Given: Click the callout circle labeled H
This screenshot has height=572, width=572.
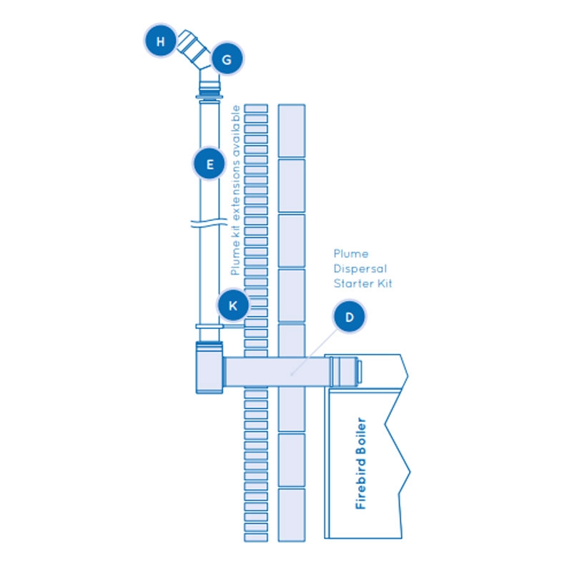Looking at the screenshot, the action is tap(160, 41).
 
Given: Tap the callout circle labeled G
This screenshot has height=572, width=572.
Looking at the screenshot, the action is tap(227, 59).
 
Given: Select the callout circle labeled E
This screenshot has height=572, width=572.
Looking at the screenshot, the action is tap(209, 164).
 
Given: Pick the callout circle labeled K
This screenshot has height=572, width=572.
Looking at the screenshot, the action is tap(233, 305).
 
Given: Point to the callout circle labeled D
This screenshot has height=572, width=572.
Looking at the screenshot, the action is tap(350, 317).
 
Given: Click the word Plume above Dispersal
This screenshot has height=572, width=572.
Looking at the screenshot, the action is tap(351, 254).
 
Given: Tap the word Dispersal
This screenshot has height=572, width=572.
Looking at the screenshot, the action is tap(360, 269).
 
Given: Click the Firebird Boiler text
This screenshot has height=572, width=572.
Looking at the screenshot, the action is tap(360, 463).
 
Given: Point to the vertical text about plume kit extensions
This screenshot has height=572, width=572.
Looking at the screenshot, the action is tap(236, 190).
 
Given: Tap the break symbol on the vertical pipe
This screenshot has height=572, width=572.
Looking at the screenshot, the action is tap(209, 222).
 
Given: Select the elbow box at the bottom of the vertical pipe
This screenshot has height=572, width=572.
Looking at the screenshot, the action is tap(209, 368).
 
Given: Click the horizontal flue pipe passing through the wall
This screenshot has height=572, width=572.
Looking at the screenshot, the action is tap(278, 372).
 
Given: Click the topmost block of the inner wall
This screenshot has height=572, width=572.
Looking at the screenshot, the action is tap(292, 131).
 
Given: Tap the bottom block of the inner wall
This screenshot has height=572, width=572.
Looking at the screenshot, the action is tap(292, 515).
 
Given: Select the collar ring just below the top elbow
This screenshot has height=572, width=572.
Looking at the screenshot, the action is tap(209, 97).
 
